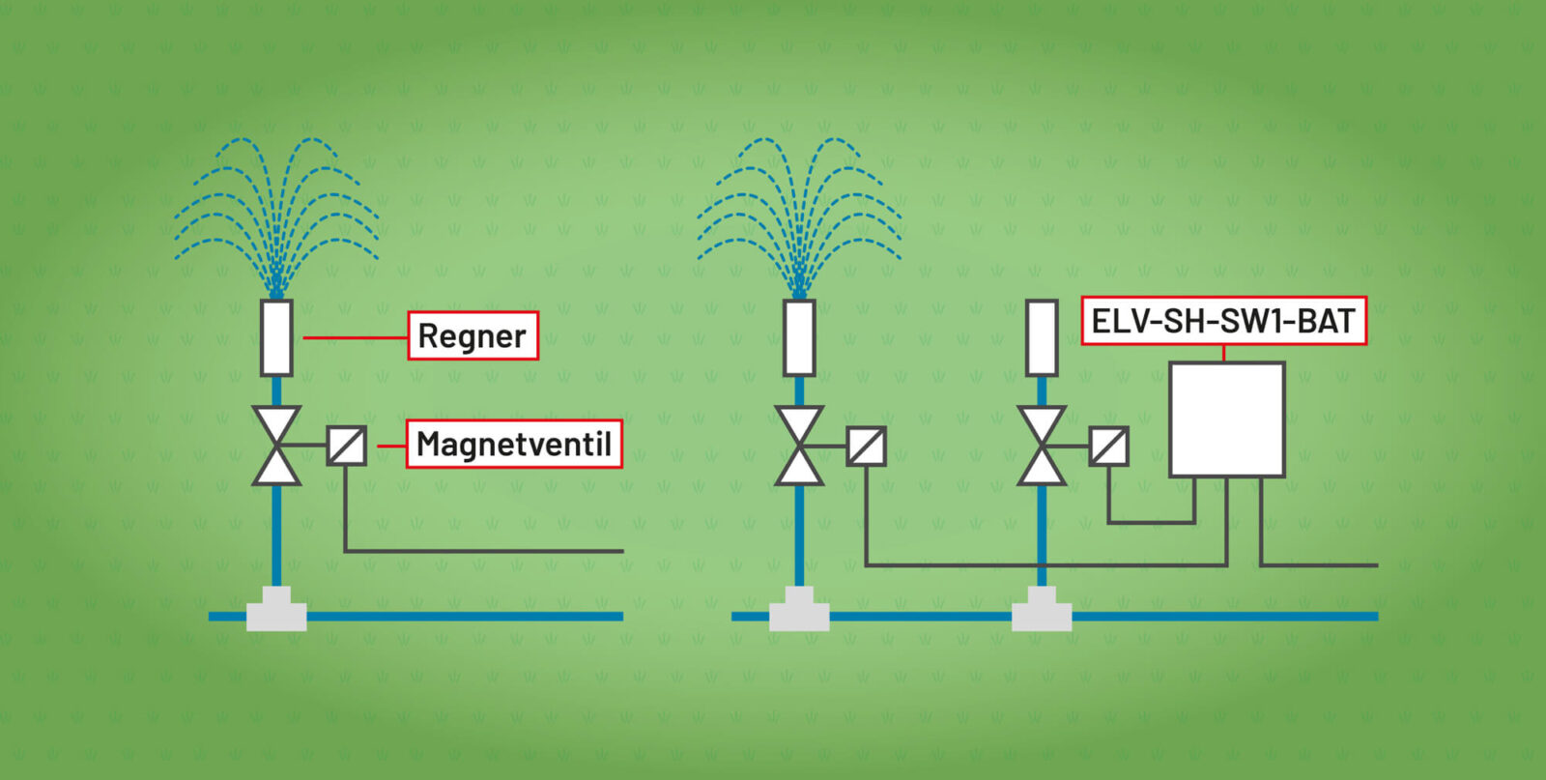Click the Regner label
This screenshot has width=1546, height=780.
coord(472,335)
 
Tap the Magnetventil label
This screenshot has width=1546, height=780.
coord(513,444)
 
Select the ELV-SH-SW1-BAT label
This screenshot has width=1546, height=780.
coord(1223,320)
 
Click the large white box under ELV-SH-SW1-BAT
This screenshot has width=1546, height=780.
coord(1226,419)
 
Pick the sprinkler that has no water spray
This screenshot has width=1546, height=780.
coord(1042,337)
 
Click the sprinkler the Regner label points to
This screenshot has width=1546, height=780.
coord(276,337)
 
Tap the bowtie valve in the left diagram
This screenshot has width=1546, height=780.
coord(276,446)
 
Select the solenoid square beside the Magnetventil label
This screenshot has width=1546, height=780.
coord(346,446)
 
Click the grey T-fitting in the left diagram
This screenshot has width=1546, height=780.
coord(276,611)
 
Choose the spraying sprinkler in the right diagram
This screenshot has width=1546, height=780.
coord(799,337)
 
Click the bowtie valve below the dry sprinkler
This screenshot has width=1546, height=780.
coord(1042,446)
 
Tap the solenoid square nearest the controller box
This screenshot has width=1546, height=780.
coord(1108,446)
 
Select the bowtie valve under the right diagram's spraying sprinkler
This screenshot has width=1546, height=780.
coord(799,446)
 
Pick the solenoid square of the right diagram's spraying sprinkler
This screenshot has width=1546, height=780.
coord(867,446)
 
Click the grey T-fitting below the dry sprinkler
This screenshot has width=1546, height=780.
coord(1042,611)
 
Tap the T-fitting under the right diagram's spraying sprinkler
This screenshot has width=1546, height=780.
coord(799,611)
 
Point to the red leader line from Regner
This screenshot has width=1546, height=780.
coord(355,337)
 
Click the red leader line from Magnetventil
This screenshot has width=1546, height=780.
coord(390,446)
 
